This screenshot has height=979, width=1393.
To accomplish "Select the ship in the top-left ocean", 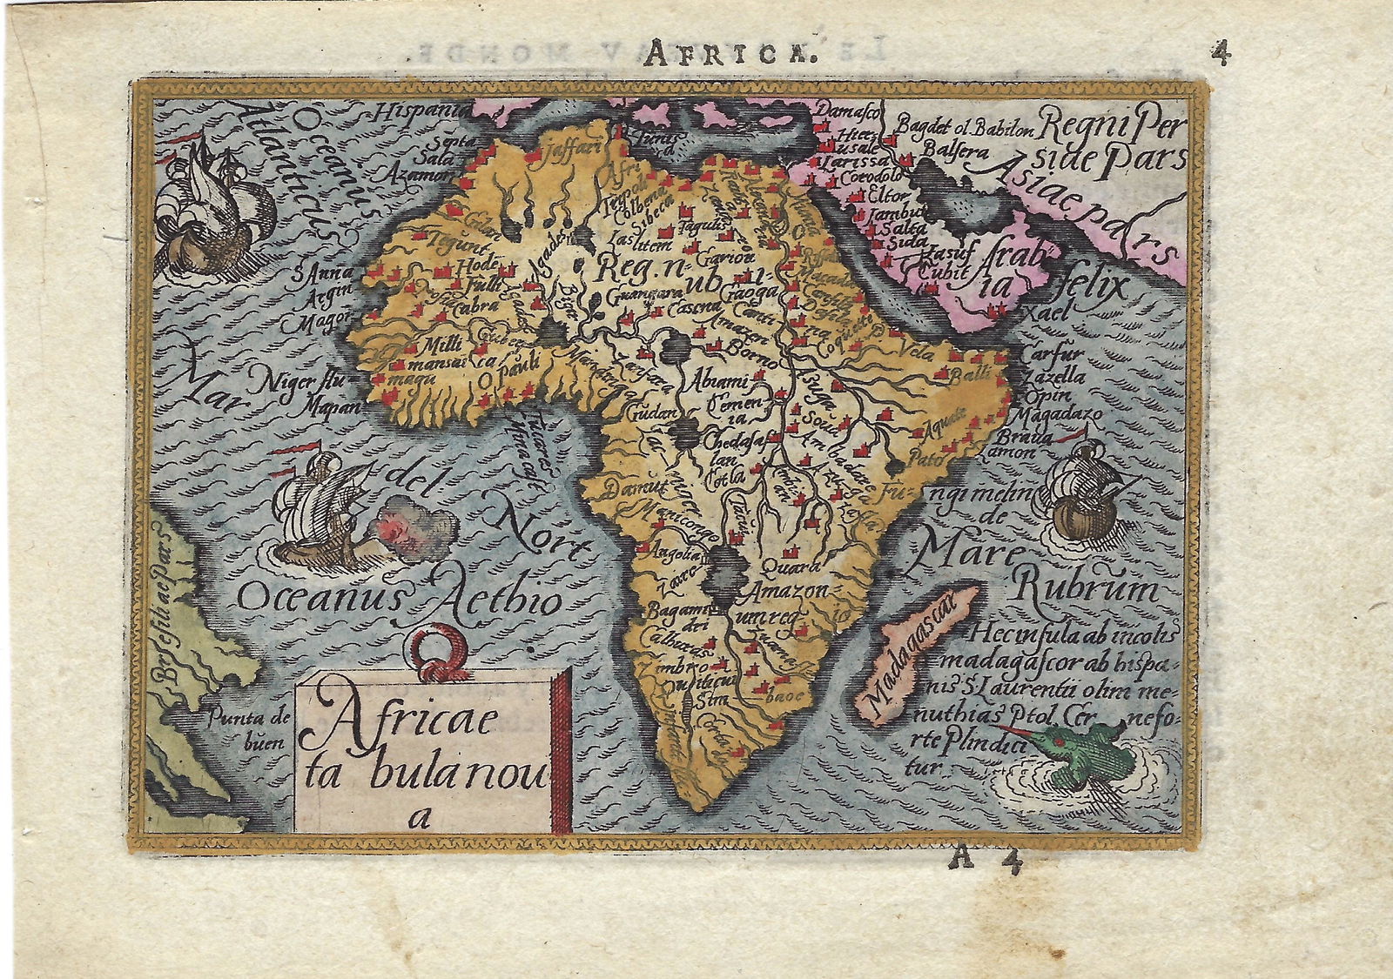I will point(209,209).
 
